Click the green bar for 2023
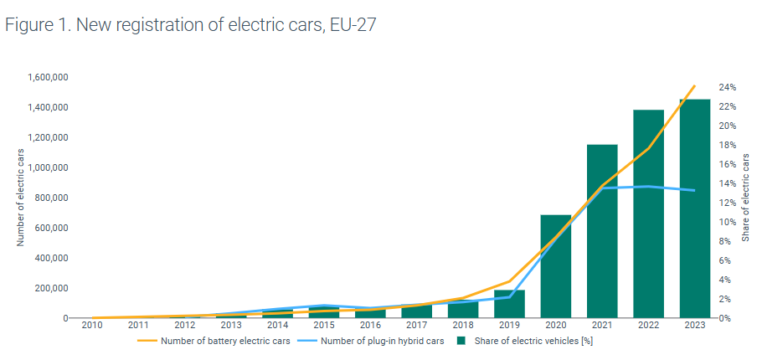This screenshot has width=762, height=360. (694, 209)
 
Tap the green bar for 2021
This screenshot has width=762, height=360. (602, 231)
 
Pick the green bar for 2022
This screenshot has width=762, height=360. (648, 214)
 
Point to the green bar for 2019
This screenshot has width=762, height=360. (509, 304)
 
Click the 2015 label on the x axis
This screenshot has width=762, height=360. (323, 325)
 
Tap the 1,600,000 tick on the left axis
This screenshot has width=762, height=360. (47, 77)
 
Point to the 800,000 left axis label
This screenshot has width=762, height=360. (51, 198)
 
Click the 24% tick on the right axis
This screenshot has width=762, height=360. (727, 87)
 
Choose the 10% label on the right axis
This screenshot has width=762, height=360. (727, 222)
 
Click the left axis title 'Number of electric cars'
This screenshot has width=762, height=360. (21, 198)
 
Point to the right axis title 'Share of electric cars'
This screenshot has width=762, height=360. (745, 198)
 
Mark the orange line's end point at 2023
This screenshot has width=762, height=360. (694, 85)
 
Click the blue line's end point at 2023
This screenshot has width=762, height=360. (694, 190)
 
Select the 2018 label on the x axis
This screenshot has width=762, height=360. (462, 325)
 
